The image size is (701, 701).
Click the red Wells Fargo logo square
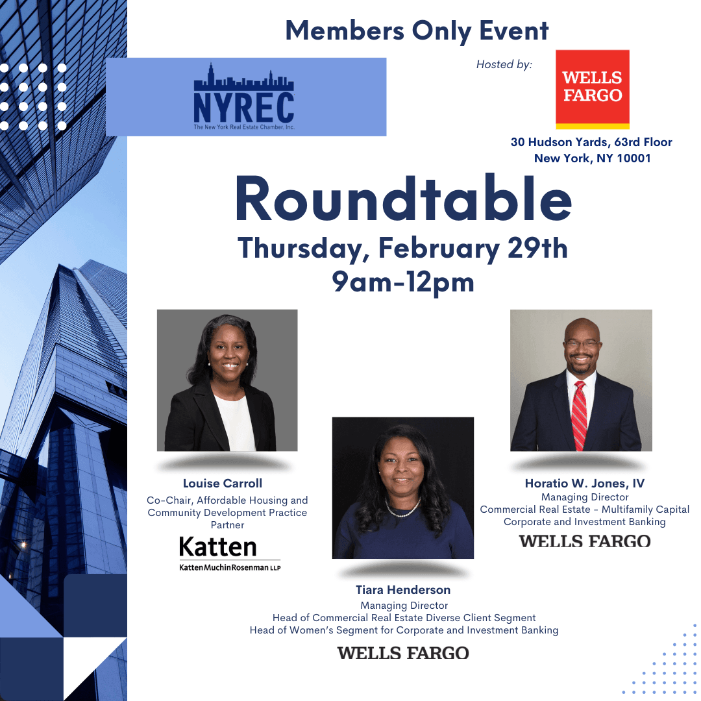[x=593, y=90]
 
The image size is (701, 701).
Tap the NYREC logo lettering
[x=244, y=107]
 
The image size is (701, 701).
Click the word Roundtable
[x=404, y=199]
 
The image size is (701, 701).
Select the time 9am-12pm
[x=403, y=282]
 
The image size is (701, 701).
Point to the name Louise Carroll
[x=223, y=484]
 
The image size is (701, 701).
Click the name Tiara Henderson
[x=403, y=589]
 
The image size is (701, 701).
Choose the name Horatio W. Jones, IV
[x=585, y=484]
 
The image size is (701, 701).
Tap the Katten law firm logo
[x=229, y=553]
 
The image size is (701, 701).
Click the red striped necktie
[x=579, y=416]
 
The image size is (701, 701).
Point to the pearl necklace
[x=402, y=510]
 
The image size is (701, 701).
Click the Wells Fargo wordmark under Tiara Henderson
[x=403, y=653]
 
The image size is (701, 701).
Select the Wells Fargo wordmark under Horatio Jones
[x=585, y=541]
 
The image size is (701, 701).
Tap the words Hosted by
[x=504, y=64]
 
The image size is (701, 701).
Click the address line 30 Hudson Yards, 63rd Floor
[x=591, y=142]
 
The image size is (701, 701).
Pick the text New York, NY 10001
[x=593, y=158]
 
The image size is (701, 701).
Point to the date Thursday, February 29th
[x=403, y=249]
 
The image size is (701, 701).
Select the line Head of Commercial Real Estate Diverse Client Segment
[x=404, y=618]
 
